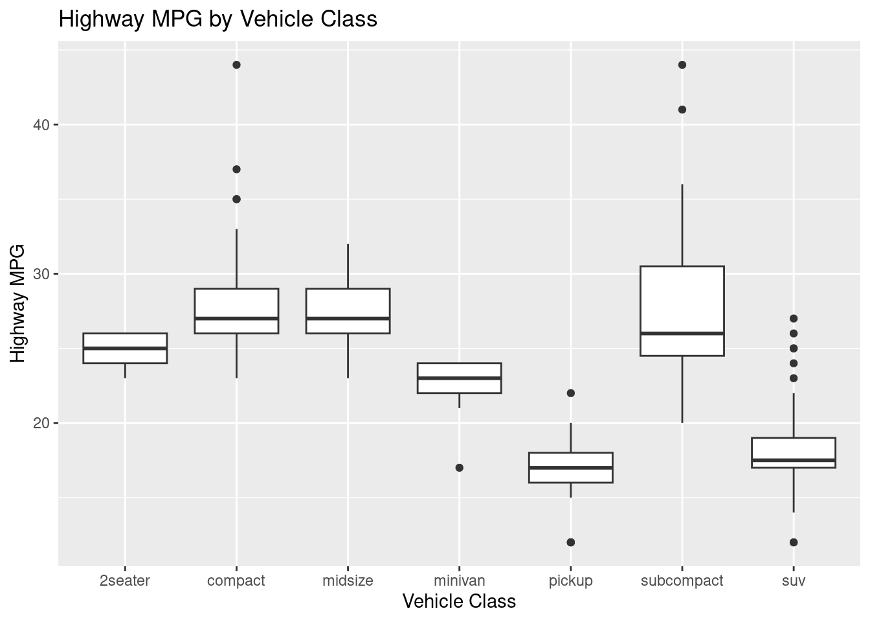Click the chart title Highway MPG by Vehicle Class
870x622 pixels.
pyautogui.click(x=217, y=19)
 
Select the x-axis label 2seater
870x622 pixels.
pyautogui.click(x=125, y=581)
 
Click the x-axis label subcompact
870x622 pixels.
pyautogui.click(x=682, y=581)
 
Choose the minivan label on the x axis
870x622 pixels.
pyautogui.click(x=459, y=581)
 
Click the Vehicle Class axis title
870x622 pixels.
pyautogui.click(x=459, y=602)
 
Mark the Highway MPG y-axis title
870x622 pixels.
pyautogui.click(x=18, y=303)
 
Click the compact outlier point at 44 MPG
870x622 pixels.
pyautogui.click(x=236, y=65)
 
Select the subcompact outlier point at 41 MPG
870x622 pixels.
pyautogui.click(x=682, y=109)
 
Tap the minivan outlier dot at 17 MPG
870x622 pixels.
pyautogui.click(x=459, y=468)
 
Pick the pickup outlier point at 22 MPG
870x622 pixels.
pyautogui.click(x=570, y=393)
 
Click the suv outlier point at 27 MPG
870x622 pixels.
pyautogui.click(x=794, y=319)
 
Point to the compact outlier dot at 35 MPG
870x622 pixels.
pyautogui.click(x=236, y=199)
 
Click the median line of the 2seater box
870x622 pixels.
pyautogui.click(x=125, y=348)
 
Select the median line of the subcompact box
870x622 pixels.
pyautogui.click(x=682, y=333)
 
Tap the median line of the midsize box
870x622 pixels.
pyautogui.click(x=348, y=318)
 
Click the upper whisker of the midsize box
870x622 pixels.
pyautogui.click(x=348, y=266)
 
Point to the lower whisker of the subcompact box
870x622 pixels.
pyautogui.click(x=682, y=389)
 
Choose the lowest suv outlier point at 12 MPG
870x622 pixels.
pyautogui.click(x=794, y=542)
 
